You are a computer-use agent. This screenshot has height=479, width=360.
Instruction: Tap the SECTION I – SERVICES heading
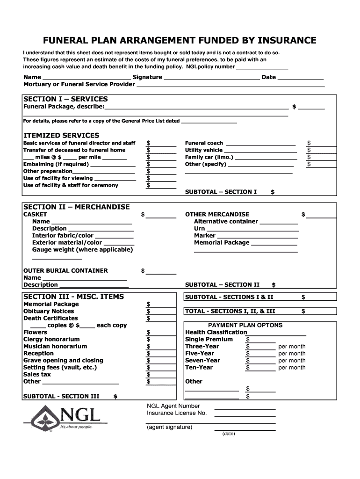click(x=65, y=99)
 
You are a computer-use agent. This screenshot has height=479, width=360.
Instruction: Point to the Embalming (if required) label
click(x=56, y=164)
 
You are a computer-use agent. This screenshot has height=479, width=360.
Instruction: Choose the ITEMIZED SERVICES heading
click(x=61, y=136)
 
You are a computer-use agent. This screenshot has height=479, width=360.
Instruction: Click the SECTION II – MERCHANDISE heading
click(x=77, y=207)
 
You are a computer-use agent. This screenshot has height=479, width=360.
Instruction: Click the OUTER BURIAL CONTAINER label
click(x=65, y=270)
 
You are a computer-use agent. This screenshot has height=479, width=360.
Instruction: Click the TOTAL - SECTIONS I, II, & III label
click(x=230, y=311)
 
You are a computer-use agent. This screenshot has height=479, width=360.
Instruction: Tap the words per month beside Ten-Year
click(x=292, y=368)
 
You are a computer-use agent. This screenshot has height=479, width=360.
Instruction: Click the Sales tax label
click(x=37, y=375)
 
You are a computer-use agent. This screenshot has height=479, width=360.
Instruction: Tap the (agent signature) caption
click(x=169, y=427)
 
